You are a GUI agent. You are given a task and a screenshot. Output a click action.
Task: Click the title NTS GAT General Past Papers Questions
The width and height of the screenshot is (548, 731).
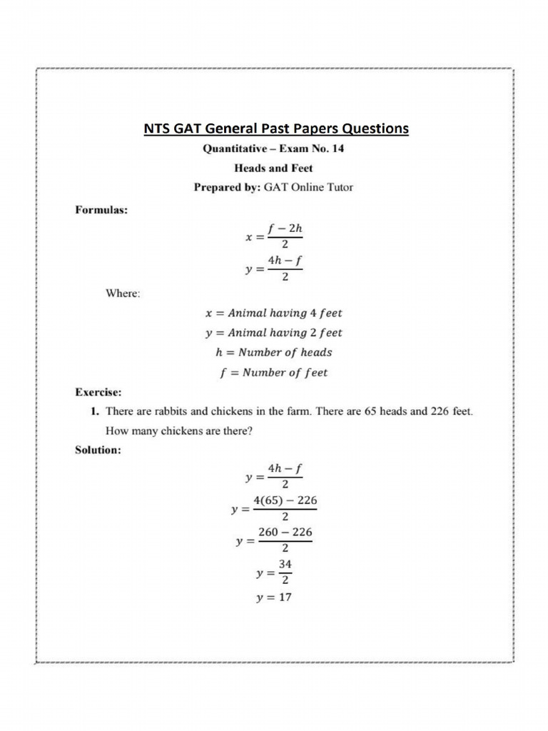[276, 129]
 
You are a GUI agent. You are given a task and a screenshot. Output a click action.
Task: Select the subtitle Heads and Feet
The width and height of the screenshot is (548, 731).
[274, 169]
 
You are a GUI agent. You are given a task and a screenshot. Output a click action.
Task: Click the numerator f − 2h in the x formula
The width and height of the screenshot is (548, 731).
[285, 229]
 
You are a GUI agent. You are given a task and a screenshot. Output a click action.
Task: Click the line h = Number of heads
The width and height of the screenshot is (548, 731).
[274, 352]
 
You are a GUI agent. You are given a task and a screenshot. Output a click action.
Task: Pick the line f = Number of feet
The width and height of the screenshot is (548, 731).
[274, 372]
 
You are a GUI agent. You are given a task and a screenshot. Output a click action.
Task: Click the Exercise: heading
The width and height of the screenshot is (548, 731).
[98, 392]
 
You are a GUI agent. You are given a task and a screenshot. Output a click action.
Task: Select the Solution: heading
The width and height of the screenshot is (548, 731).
[98, 450]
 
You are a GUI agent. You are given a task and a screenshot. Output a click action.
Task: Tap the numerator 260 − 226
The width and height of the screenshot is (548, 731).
[285, 533]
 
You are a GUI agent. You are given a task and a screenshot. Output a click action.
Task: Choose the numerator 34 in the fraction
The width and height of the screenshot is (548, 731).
[285, 564]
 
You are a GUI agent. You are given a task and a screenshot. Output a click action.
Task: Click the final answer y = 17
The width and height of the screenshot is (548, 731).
[274, 598]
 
